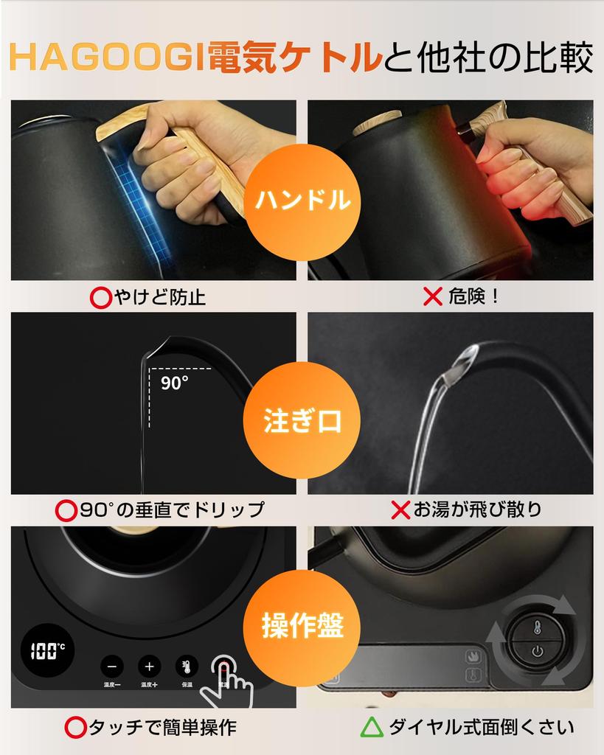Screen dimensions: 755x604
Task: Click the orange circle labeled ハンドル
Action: coord(302,200)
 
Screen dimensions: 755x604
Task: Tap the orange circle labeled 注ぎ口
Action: coord(302,422)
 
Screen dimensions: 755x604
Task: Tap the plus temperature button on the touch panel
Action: coord(149,666)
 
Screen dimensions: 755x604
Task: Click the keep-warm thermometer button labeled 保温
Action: coord(187,666)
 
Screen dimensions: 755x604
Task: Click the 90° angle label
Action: coord(175,382)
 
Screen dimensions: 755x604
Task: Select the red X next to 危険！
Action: coord(432,296)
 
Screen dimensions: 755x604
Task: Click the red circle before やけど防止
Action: coord(100,297)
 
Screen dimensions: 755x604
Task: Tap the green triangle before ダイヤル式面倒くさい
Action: coord(372,728)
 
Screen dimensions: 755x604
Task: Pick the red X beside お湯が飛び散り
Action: coord(400,509)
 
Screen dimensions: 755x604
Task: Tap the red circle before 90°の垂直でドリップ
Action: coord(67,509)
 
